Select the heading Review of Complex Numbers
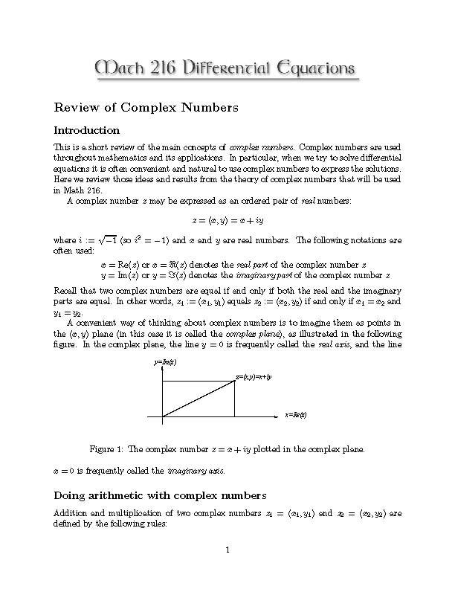click(x=146, y=108)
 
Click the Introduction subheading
click(x=87, y=130)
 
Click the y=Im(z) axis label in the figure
click(x=165, y=362)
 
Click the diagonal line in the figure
click(x=199, y=399)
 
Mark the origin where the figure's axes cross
click(x=162, y=416)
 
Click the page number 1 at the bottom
click(x=228, y=550)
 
